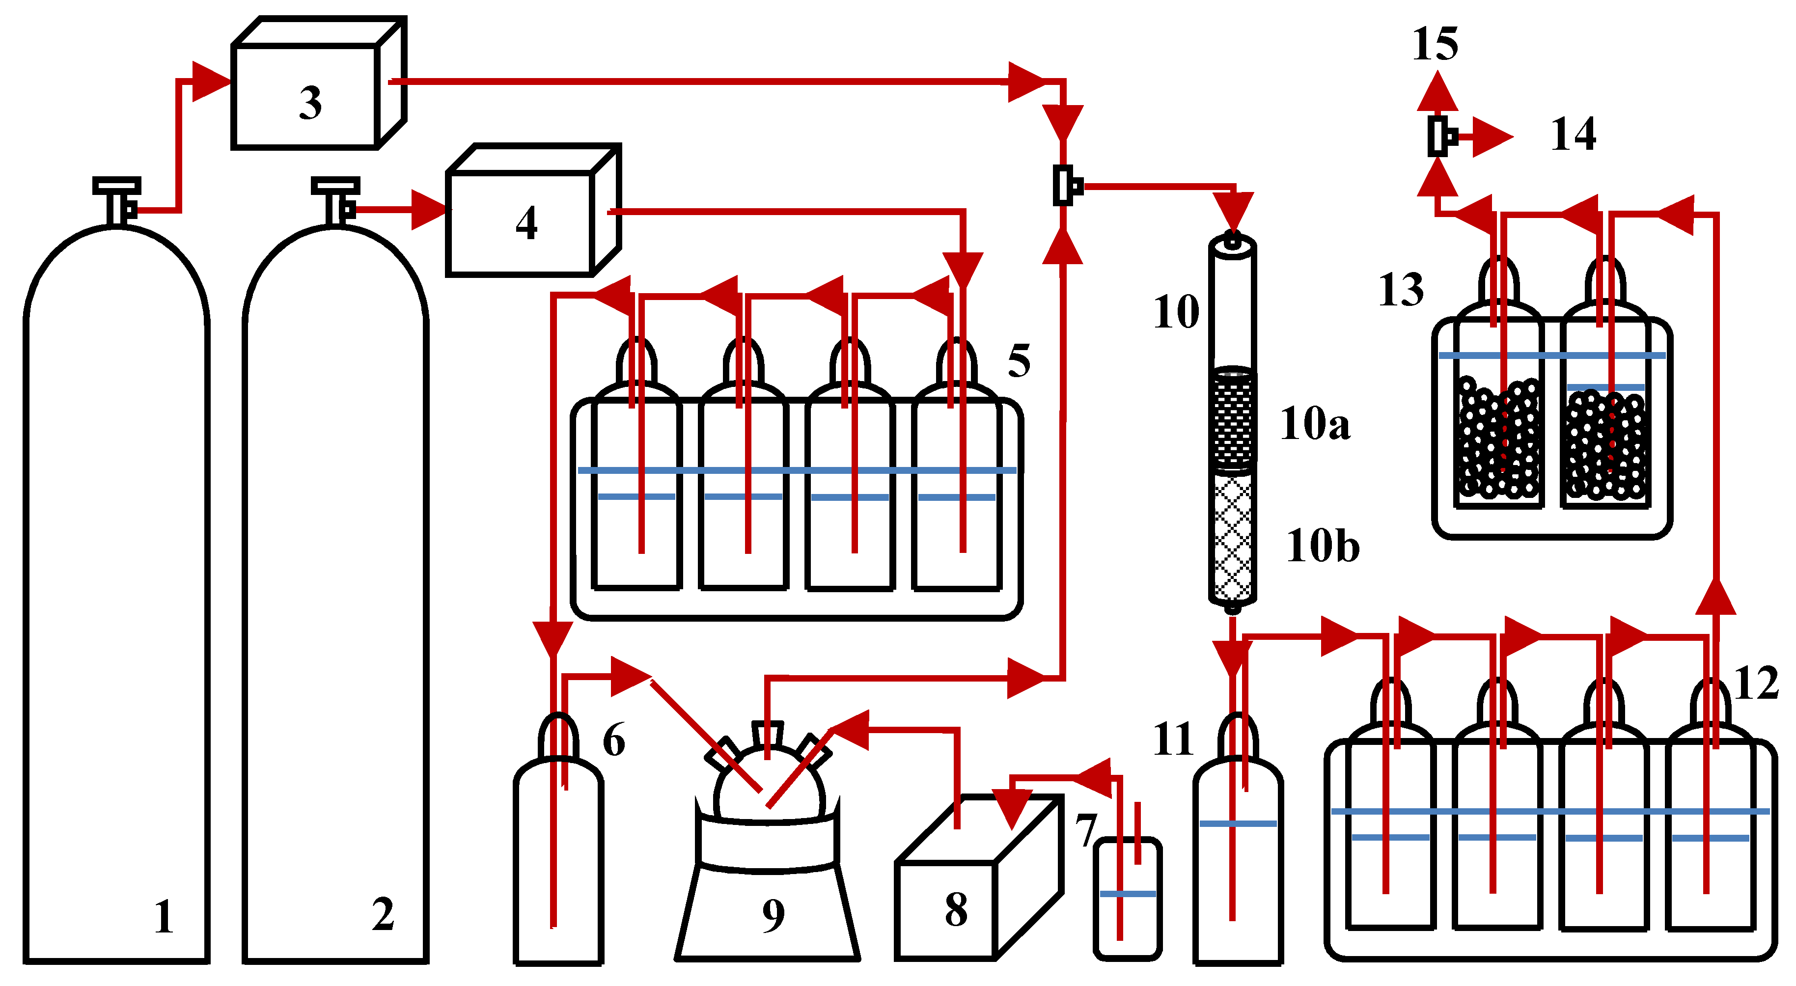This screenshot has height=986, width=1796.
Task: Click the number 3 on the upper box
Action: pyautogui.click(x=310, y=103)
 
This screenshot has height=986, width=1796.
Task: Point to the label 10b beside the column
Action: pyautogui.click(x=1323, y=546)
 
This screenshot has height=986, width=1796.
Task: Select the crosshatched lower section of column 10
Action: pyautogui.click(x=1232, y=537)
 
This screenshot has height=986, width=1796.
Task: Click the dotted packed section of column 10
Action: pyautogui.click(x=1232, y=418)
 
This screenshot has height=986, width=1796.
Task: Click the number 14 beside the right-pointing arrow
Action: pyautogui.click(x=1573, y=135)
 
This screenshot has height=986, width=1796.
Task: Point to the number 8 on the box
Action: pyautogui.click(x=956, y=909)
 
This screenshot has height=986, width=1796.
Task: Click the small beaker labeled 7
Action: pyautogui.click(x=1127, y=900)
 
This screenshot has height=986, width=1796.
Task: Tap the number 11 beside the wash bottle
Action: pyautogui.click(x=1173, y=739)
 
